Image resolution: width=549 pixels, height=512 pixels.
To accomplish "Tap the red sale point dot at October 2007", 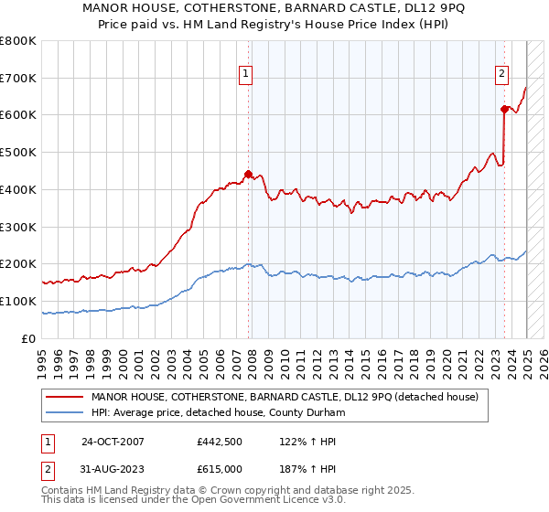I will [x=248, y=173].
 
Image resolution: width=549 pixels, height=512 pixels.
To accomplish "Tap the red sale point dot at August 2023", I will [x=504, y=109].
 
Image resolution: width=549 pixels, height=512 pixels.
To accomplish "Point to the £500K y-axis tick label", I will [x=17, y=152].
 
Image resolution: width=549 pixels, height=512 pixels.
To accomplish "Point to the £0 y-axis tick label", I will [x=29, y=338].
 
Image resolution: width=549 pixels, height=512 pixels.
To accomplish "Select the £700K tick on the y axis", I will [x=17, y=78].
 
